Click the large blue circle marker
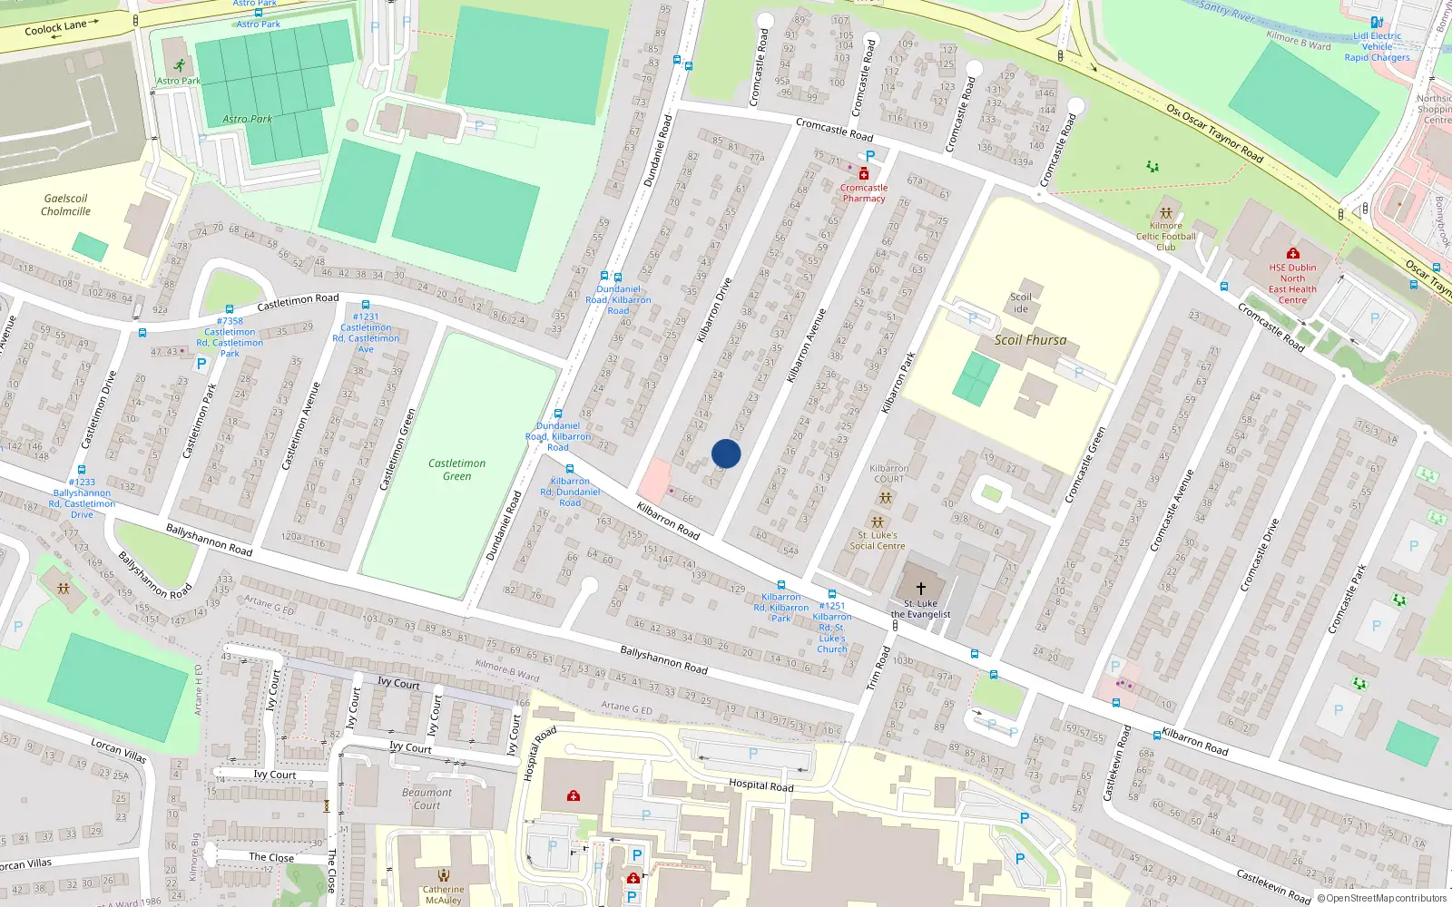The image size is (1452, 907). [x=726, y=453]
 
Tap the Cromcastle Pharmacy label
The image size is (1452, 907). [x=864, y=193]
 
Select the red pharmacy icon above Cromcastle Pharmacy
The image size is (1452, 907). [x=864, y=173]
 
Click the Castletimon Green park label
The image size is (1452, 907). [x=456, y=469]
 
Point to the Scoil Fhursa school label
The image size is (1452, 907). [x=1030, y=340]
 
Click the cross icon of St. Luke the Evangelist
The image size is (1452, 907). [x=921, y=589]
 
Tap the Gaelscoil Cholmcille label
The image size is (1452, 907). [x=65, y=205]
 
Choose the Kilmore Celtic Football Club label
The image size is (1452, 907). [x=1166, y=237]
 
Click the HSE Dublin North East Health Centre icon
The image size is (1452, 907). [x=1293, y=253]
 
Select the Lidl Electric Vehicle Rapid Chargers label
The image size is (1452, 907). [x=1377, y=47]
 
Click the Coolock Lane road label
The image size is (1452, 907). [x=55, y=28]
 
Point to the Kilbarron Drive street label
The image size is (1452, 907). [x=714, y=310]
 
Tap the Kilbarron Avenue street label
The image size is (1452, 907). [x=806, y=346]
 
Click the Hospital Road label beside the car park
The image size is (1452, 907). [x=760, y=785]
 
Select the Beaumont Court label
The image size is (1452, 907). [x=427, y=798]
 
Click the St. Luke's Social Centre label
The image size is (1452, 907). [x=878, y=541]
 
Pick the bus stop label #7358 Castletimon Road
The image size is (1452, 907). [x=230, y=336]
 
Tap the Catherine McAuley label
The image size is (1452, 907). [x=443, y=894]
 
